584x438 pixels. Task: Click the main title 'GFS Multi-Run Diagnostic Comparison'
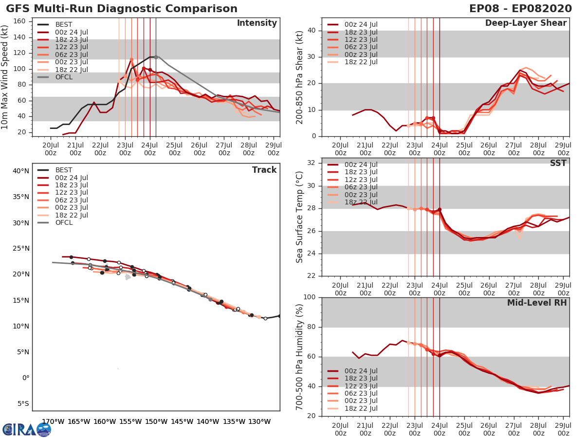click(x=122, y=9)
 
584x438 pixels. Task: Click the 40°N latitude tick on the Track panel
click(x=21, y=171)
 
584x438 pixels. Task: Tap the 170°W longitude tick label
click(x=53, y=421)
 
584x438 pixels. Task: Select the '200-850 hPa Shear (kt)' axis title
click(x=300, y=77)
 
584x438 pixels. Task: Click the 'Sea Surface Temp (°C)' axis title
click(x=300, y=217)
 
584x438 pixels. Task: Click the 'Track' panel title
click(x=264, y=170)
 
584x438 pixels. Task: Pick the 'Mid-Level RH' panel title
click(x=536, y=303)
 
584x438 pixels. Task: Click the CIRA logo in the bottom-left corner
click(x=27, y=429)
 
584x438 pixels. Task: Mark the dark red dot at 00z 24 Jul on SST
click(x=439, y=210)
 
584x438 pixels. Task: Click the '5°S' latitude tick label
click(x=23, y=403)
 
